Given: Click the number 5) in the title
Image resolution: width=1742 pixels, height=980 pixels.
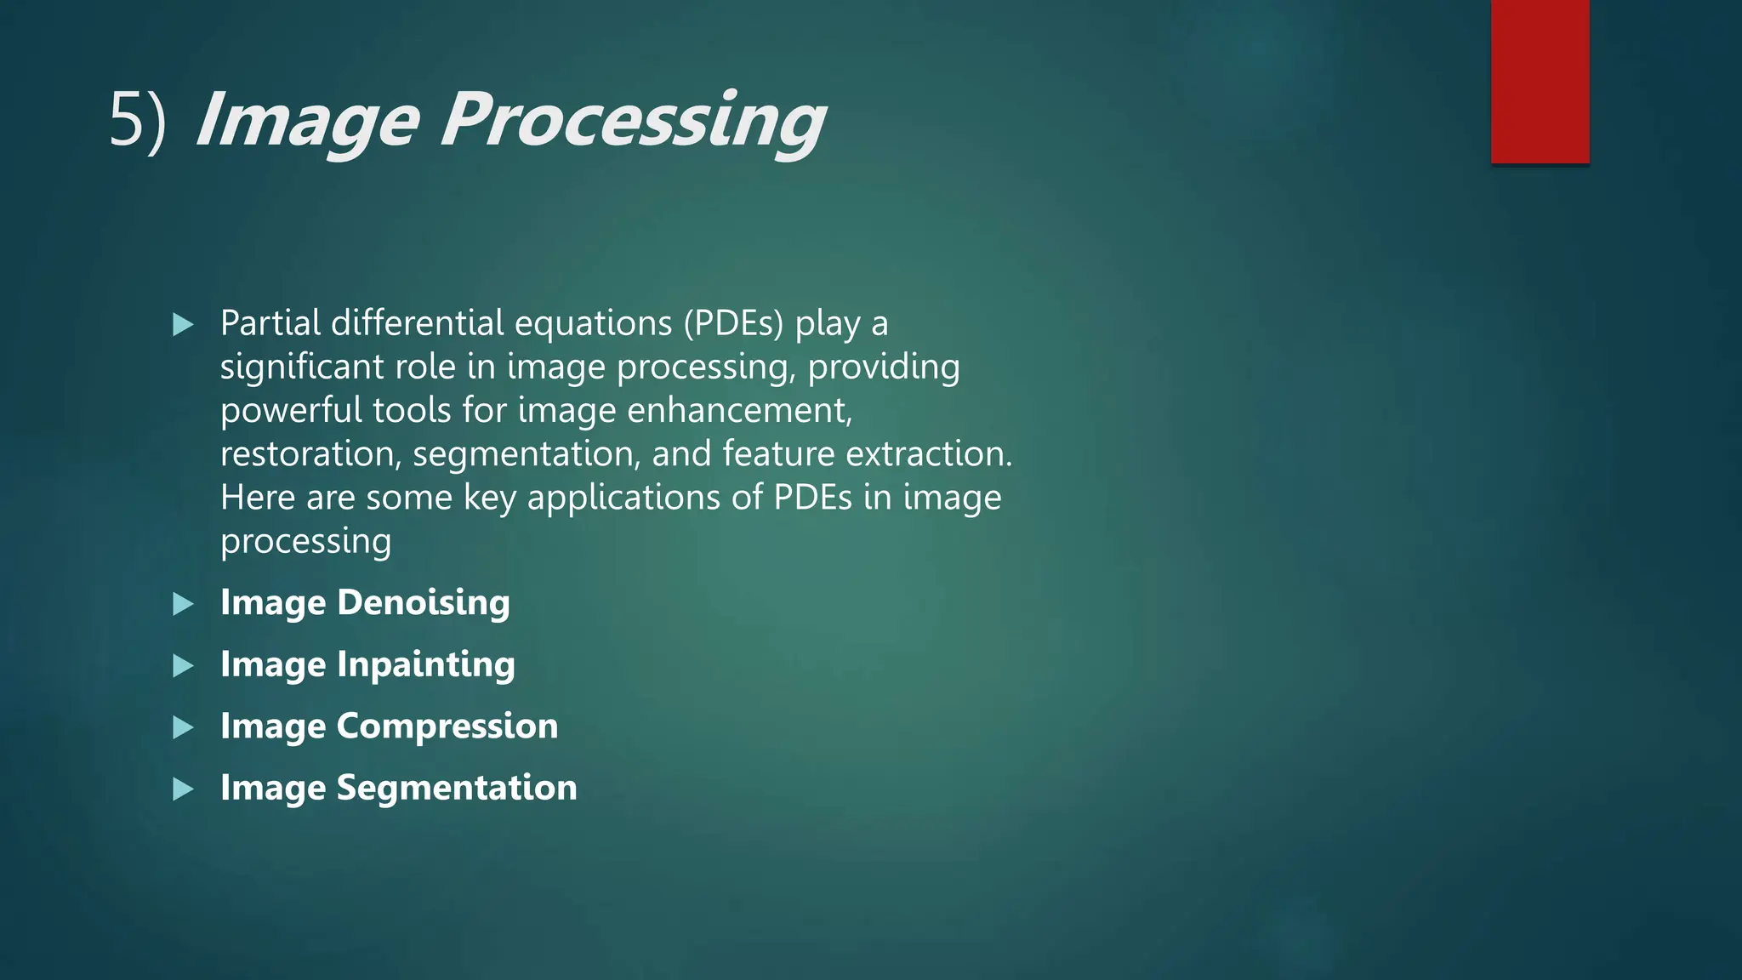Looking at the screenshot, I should click(138, 122).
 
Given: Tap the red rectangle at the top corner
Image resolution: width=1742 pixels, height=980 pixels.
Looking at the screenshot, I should click(1540, 82).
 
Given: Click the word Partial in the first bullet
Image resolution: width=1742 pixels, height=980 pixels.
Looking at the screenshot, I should click(270, 323).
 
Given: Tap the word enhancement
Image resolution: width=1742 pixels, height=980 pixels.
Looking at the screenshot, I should click(739, 411).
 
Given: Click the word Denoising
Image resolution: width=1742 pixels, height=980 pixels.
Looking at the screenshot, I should click(424, 603).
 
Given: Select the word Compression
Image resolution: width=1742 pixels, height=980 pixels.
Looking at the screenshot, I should click(447, 726).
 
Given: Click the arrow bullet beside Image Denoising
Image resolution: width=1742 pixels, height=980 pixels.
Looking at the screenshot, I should click(183, 604).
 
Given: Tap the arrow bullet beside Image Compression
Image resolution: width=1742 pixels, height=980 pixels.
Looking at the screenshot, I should click(183, 727).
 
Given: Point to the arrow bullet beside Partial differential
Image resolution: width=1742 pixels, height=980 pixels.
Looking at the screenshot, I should click(183, 324).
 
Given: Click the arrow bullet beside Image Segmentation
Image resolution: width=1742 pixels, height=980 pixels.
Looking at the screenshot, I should click(183, 789).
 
